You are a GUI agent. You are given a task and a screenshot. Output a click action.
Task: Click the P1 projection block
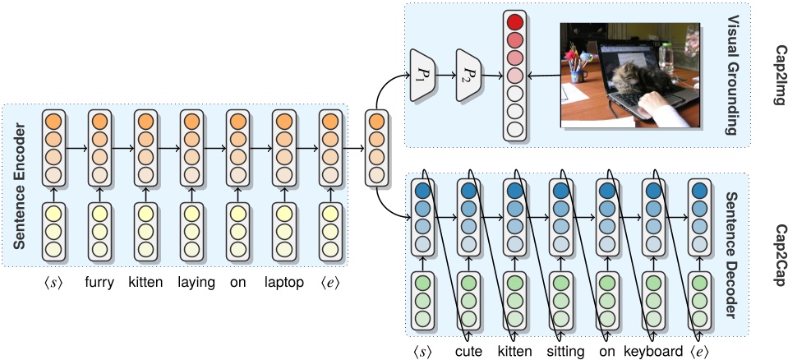[x=422, y=75]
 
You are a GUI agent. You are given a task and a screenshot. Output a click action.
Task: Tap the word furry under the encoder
[x=99, y=283]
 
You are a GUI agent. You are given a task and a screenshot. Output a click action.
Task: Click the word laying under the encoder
[x=196, y=283]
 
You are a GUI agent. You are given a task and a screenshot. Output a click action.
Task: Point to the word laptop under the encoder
[x=284, y=283]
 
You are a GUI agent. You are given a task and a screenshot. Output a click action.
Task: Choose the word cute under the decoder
[x=468, y=351]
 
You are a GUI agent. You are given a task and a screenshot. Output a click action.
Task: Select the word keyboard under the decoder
[x=653, y=351]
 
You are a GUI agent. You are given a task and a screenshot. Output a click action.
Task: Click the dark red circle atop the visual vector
[x=514, y=22]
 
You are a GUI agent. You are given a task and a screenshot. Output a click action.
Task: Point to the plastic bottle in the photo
[x=666, y=58]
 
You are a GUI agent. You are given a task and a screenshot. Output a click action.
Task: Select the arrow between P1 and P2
[x=445, y=76]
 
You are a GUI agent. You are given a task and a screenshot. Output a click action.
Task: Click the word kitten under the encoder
[x=145, y=283]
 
